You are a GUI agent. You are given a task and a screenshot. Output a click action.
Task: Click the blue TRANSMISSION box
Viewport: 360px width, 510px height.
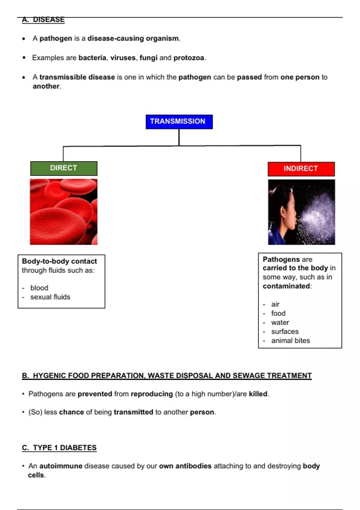pyautogui.click(x=179, y=121)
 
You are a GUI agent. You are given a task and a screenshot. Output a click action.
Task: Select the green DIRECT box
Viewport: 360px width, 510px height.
pyautogui.click(x=64, y=168)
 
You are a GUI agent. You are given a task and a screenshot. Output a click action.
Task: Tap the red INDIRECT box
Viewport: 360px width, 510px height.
pyautogui.click(x=301, y=169)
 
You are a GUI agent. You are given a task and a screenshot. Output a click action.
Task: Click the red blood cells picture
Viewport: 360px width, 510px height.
pyautogui.click(x=64, y=212)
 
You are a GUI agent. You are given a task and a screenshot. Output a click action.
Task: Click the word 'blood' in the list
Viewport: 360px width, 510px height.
pyautogui.click(x=39, y=288)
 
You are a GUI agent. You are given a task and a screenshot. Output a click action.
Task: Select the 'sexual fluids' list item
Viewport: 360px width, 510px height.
pyautogui.click(x=50, y=297)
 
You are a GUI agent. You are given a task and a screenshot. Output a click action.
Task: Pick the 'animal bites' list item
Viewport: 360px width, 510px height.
pyautogui.click(x=290, y=341)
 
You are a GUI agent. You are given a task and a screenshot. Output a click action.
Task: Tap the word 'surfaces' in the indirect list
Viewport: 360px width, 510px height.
pyautogui.click(x=285, y=332)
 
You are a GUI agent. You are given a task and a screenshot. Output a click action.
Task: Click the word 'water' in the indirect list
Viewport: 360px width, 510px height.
pyautogui.click(x=280, y=322)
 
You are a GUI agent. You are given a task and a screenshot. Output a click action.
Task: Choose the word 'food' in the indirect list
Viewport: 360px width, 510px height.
pyautogui.click(x=278, y=313)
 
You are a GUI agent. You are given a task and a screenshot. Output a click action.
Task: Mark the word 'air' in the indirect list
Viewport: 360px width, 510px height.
pyautogui.click(x=275, y=304)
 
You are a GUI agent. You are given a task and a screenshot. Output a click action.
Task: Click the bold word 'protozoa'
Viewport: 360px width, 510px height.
pyautogui.click(x=189, y=58)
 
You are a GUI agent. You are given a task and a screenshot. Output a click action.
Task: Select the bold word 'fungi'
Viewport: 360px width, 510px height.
pyautogui.click(x=148, y=58)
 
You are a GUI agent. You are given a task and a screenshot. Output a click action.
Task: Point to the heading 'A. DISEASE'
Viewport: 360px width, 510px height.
pyautogui.click(x=43, y=20)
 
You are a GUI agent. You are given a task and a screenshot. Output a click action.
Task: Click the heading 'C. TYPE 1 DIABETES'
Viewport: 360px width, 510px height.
pyautogui.click(x=59, y=448)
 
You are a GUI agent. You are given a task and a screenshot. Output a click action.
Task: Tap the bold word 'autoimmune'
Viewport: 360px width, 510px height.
pyautogui.click(x=61, y=466)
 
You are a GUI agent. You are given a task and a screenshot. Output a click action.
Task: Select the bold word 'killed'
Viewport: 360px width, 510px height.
pyautogui.click(x=258, y=394)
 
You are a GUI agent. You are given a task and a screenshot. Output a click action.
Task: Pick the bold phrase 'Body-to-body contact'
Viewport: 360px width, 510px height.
pyautogui.click(x=59, y=261)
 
